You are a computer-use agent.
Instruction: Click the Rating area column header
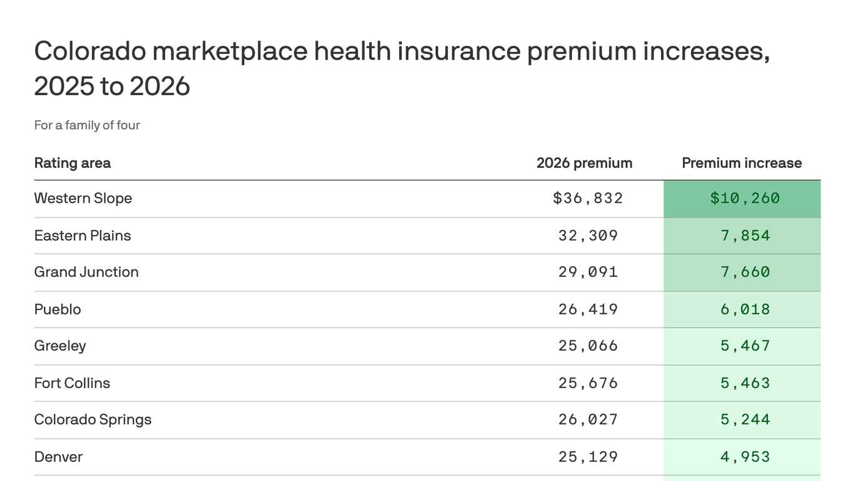pyautogui.click(x=72, y=163)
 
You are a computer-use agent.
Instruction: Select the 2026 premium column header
pyautogui.click(x=584, y=163)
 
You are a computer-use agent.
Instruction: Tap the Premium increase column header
pyautogui.click(x=742, y=163)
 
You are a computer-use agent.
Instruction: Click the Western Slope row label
pyautogui.click(x=83, y=199)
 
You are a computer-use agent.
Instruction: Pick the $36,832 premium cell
pyautogui.click(x=588, y=199)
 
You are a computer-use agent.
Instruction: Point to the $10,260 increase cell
pyautogui.click(x=745, y=199)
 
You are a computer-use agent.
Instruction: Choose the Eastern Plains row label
pyautogui.click(x=82, y=235)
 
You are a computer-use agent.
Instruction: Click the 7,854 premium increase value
pyautogui.click(x=745, y=235)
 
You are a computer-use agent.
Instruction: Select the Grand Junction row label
pyautogui.click(x=86, y=272)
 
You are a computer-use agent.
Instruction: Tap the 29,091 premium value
pyautogui.click(x=588, y=272)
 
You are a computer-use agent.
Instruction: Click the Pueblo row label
pyautogui.click(x=57, y=309)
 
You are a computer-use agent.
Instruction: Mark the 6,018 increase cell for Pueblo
pyautogui.click(x=745, y=309)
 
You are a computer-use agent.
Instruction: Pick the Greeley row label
pyautogui.click(x=59, y=346)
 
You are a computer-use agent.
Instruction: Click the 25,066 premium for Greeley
pyautogui.click(x=588, y=346)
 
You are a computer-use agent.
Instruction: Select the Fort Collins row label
pyautogui.click(x=71, y=383)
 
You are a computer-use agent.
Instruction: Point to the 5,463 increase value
pyautogui.click(x=745, y=383)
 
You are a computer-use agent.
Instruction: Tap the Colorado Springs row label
pyautogui.click(x=93, y=420)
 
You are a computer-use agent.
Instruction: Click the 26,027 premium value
pyautogui.click(x=588, y=420)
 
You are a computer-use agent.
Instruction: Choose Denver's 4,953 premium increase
pyautogui.click(x=745, y=457)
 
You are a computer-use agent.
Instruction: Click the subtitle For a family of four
pyautogui.click(x=87, y=125)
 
